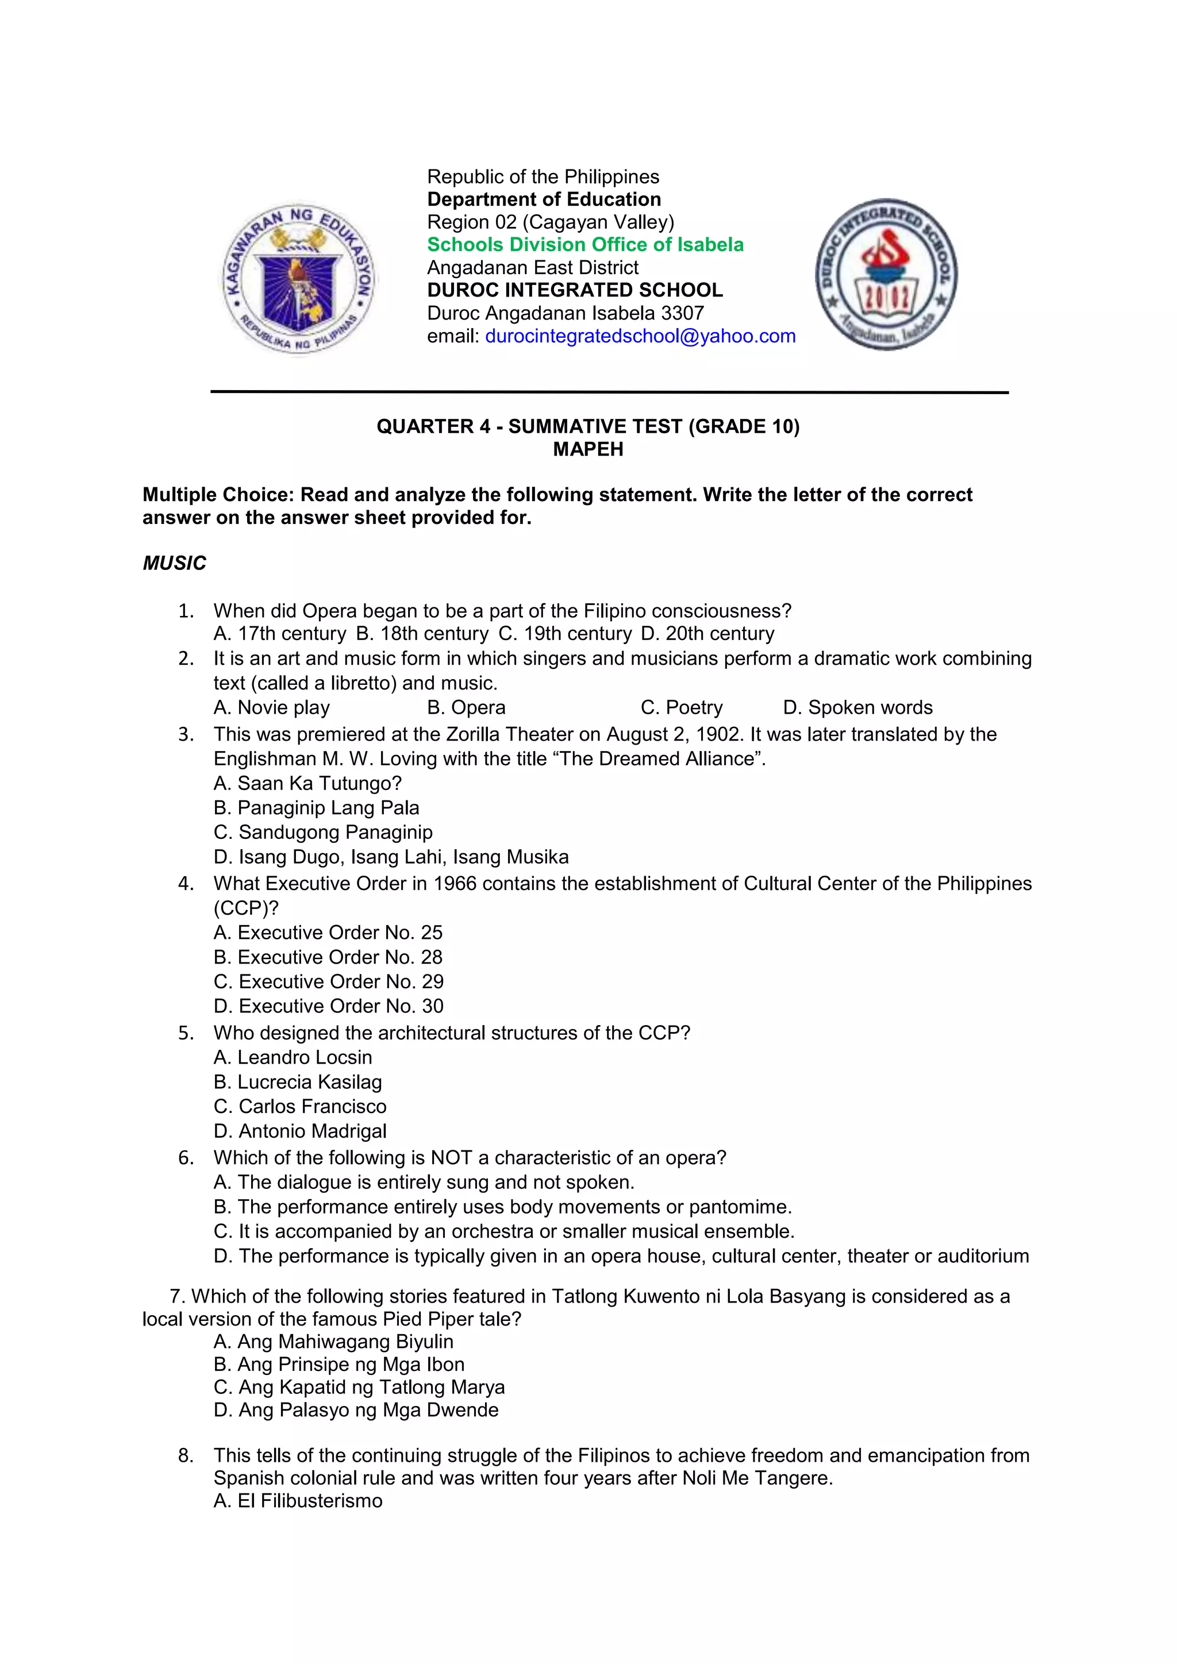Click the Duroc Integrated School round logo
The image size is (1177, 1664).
pos(886,275)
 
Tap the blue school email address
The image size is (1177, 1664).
pos(640,336)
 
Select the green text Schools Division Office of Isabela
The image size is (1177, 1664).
pos(585,245)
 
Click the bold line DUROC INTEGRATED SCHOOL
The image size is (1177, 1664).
pos(575,290)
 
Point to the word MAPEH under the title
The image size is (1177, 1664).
pos(588,449)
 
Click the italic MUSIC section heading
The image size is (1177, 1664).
pos(174,563)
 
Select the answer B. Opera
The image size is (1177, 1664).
pos(466,707)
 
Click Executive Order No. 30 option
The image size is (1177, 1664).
pos(328,1007)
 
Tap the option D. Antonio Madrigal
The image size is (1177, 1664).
pos(300,1131)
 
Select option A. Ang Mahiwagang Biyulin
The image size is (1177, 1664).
pos(333,1342)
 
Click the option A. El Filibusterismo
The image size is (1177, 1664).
pos(298,1501)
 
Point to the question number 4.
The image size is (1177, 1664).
pos(186,884)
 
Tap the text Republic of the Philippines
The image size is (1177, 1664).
pos(543,177)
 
